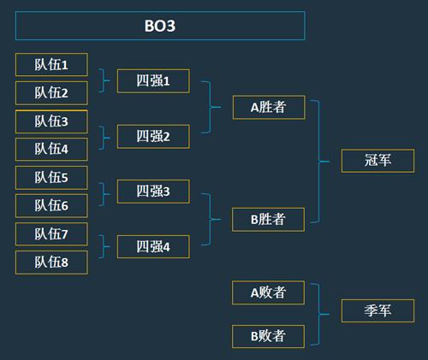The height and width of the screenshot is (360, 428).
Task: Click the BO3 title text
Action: click(x=160, y=26)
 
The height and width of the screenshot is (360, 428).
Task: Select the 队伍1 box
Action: click(x=51, y=65)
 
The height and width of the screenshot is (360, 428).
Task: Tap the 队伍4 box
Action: click(x=51, y=149)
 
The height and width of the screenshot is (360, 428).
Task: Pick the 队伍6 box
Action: click(x=51, y=205)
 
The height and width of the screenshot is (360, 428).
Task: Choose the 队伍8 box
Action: click(x=51, y=263)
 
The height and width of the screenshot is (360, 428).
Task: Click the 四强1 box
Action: click(x=153, y=81)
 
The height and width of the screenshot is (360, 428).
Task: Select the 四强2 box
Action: click(x=153, y=136)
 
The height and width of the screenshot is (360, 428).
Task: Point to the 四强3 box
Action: click(x=153, y=192)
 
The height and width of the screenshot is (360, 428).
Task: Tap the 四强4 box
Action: click(x=153, y=246)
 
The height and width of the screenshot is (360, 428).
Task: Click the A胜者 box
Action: click(x=269, y=107)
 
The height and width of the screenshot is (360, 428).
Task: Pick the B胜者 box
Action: click(x=268, y=220)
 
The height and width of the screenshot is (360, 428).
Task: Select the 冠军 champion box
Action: click(x=377, y=161)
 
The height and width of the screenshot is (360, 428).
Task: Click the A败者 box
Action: click(x=268, y=292)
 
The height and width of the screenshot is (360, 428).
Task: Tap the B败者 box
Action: click(x=268, y=336)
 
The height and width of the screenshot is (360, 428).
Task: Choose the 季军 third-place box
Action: click(x=377, y=310)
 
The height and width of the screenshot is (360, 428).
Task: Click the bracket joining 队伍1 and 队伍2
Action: click(x=104, y=80)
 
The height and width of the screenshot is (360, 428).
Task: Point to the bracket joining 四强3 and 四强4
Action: click(x=211, y=220)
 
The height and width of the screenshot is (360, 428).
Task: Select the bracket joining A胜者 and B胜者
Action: click(x=318, y=162)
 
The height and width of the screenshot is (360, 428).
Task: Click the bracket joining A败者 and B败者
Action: click(x=318, y=315)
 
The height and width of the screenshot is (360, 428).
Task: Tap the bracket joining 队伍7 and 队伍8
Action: click(x=104, y=247)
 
